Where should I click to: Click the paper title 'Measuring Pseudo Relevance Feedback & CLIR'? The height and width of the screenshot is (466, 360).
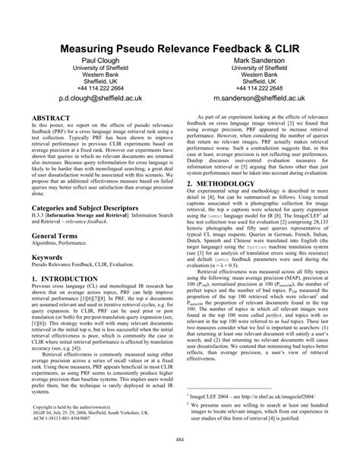coord(179,46)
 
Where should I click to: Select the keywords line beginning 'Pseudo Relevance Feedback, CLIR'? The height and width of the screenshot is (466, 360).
coord(84,268)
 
